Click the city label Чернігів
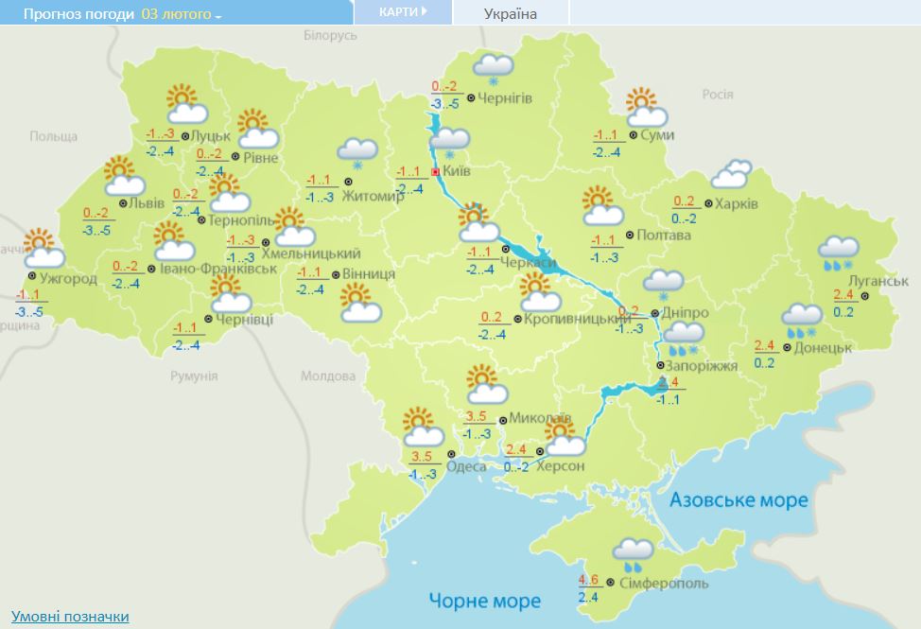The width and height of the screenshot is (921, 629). pos(505,97)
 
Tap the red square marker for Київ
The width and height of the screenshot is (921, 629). pos(435,172)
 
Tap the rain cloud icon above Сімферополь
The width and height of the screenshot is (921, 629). pos(632,553)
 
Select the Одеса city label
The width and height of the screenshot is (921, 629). pos(468,466)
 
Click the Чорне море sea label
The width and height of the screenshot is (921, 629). pos(484,601)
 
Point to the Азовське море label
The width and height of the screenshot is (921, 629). pos(739,499)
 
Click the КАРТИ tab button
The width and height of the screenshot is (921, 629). pos(402,12)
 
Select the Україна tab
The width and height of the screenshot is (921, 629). pos(510,13)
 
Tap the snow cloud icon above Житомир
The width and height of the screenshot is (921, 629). pos(358,150)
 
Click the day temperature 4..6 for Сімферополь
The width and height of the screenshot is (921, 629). pos(587,580)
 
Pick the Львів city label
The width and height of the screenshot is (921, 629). pos(148,203)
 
